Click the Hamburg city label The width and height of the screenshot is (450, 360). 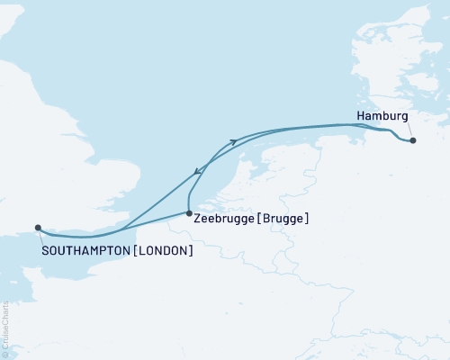click(382, 117)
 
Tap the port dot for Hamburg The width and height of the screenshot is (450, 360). click(412, 140)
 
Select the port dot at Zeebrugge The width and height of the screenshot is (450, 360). click(188, 213)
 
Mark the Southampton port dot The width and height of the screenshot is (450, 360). click(37, 228)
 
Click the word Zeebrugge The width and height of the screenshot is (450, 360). click(224, 218)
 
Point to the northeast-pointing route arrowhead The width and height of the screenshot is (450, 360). click(234, 141)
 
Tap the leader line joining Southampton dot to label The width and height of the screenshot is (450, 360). click(40, 238)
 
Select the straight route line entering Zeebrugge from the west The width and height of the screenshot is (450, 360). click(157, 221)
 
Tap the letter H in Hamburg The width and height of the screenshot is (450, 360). click(361, 117)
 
